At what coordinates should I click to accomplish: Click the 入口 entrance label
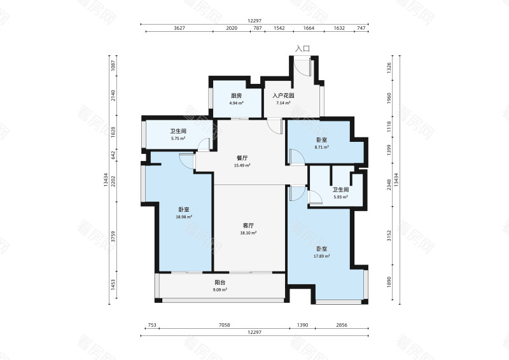302,49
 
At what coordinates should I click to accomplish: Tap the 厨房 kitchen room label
236,96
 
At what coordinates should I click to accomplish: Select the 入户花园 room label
283,96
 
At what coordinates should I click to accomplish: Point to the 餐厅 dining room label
242,158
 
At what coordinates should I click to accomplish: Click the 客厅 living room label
248,225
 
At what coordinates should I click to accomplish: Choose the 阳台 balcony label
220,282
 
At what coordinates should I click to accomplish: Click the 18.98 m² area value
184,217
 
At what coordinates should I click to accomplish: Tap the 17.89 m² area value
322,256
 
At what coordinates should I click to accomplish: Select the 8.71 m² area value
322,147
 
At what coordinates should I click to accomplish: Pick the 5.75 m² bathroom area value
178,138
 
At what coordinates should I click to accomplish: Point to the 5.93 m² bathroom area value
340,197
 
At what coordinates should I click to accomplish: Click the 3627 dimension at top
179,28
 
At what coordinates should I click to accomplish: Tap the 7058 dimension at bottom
225,325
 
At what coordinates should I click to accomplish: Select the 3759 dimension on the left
113,237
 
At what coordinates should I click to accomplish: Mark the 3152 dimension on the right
389,236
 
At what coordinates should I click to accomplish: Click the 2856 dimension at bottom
342,325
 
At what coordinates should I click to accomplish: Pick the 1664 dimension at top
309,28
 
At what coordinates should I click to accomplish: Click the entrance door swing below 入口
303,68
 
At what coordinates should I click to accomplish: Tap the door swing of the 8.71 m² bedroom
297,157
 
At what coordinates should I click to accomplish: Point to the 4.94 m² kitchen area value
236,103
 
